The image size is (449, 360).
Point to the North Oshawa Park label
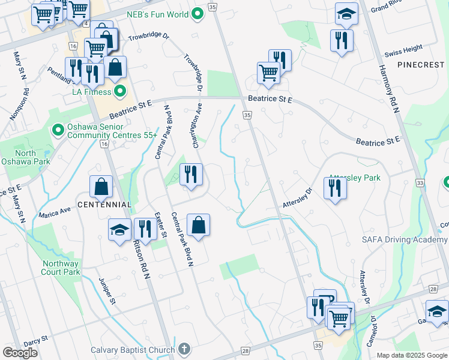34,157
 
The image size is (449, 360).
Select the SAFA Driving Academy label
404,239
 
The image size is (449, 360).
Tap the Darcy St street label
36,341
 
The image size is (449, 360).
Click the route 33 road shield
419,182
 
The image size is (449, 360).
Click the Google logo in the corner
20,353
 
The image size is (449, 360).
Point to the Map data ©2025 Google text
412,355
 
